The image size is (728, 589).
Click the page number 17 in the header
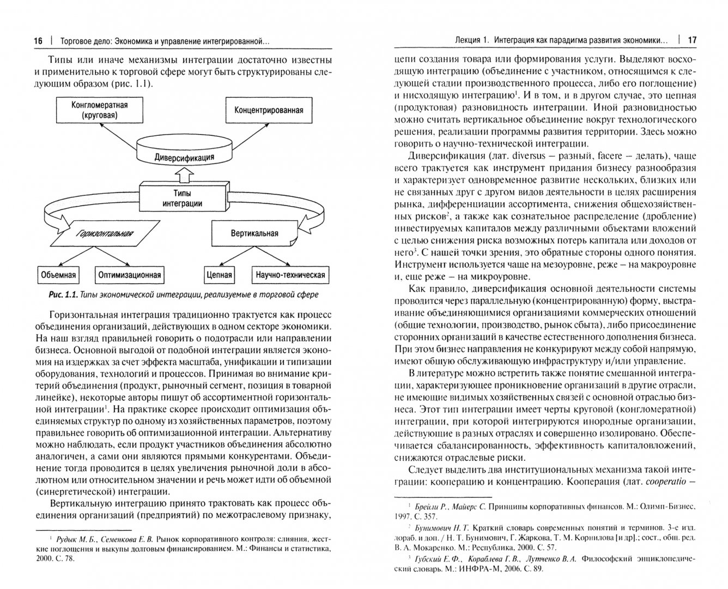pyautogui.click(x=692, y=40)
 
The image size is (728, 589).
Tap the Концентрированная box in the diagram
pyautogui.click(x=269, y=110)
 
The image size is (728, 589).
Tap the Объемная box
pyautogui.click(x=58, y=274)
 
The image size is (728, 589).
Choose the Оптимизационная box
pyautogui.click(x=129, y=274)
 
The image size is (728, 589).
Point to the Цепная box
pyautogui.click(x=220, y=274)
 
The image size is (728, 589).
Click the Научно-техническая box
pyautogui.click(x=290, y=274)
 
